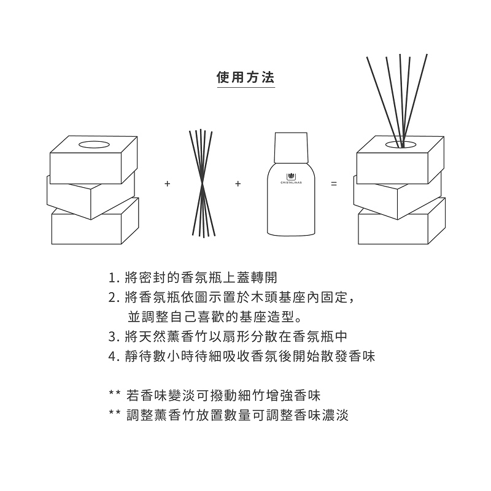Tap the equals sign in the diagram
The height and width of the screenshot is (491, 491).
[334, 184]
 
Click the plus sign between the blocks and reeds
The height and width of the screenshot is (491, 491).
[167, 184]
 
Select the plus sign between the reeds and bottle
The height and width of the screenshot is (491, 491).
[238, 184]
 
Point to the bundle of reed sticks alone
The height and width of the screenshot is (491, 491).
[200, 183]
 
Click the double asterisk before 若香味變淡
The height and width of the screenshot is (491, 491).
[114, 393]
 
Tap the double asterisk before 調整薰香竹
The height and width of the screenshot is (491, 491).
[114, 414]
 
